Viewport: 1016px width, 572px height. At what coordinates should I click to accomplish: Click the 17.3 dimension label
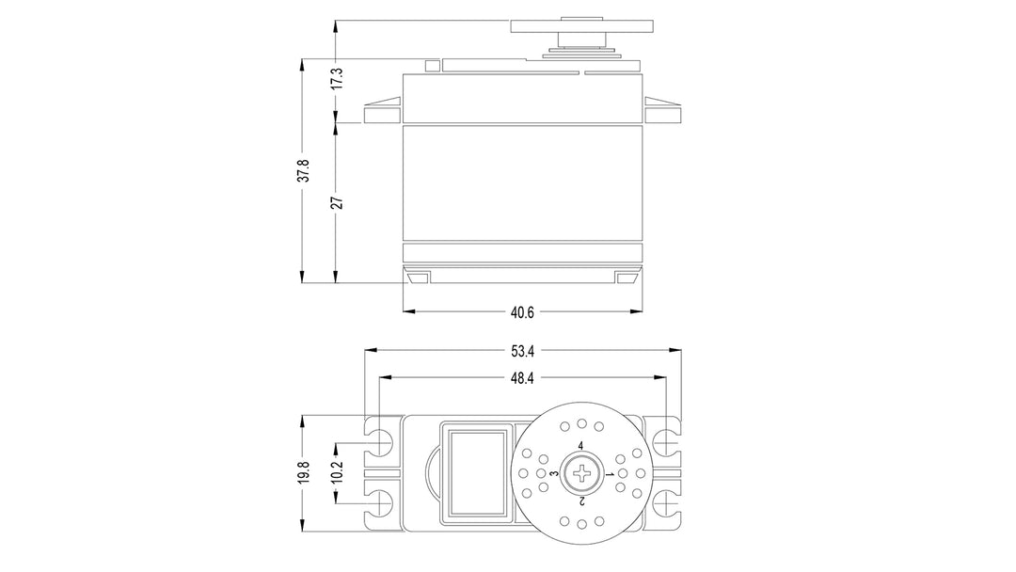(336, 78)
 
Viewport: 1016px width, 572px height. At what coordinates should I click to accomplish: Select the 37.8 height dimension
(303, 171)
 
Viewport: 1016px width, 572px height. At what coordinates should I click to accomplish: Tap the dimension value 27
(336, 202)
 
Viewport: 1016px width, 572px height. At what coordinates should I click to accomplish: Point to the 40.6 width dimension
(522, 312)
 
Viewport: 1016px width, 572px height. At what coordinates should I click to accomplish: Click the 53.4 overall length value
(522, 351)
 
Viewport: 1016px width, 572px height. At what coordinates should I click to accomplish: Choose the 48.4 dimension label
(522, 378)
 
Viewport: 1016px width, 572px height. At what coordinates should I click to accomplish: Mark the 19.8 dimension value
(303, 471)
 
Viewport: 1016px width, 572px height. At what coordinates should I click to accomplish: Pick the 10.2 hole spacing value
(336, 471)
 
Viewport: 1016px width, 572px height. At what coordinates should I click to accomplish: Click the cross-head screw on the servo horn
(583, 473)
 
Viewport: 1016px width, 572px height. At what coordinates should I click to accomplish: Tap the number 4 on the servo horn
(580, 446)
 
